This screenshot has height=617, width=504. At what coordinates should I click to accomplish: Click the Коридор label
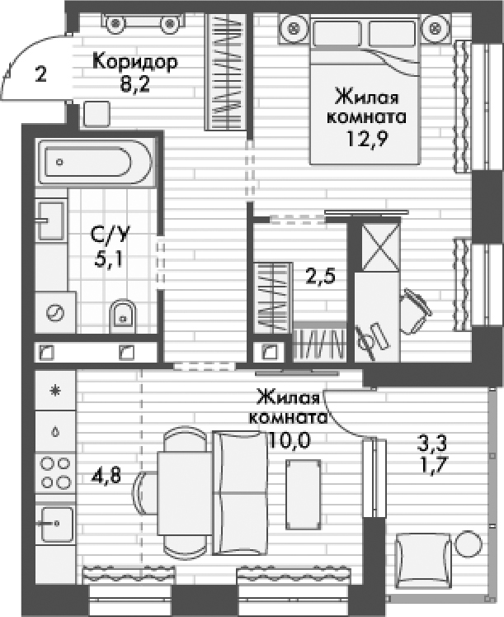click(x=135, y=62)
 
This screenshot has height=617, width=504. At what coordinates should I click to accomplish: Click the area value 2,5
click(x=320, y=276)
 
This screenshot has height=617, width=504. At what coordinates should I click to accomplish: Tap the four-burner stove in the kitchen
click(x=56, y=472)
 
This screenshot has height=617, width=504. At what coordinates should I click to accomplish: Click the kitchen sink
click(x=56, y=523)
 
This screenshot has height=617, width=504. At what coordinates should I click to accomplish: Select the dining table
click(x=181, y=494)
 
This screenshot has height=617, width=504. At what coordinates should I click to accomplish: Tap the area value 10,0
click(x=289, y=439)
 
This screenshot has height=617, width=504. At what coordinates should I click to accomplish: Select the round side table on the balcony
click(x=469, y=545)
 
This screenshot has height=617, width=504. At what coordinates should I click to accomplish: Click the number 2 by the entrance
click(x=41, y=73)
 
